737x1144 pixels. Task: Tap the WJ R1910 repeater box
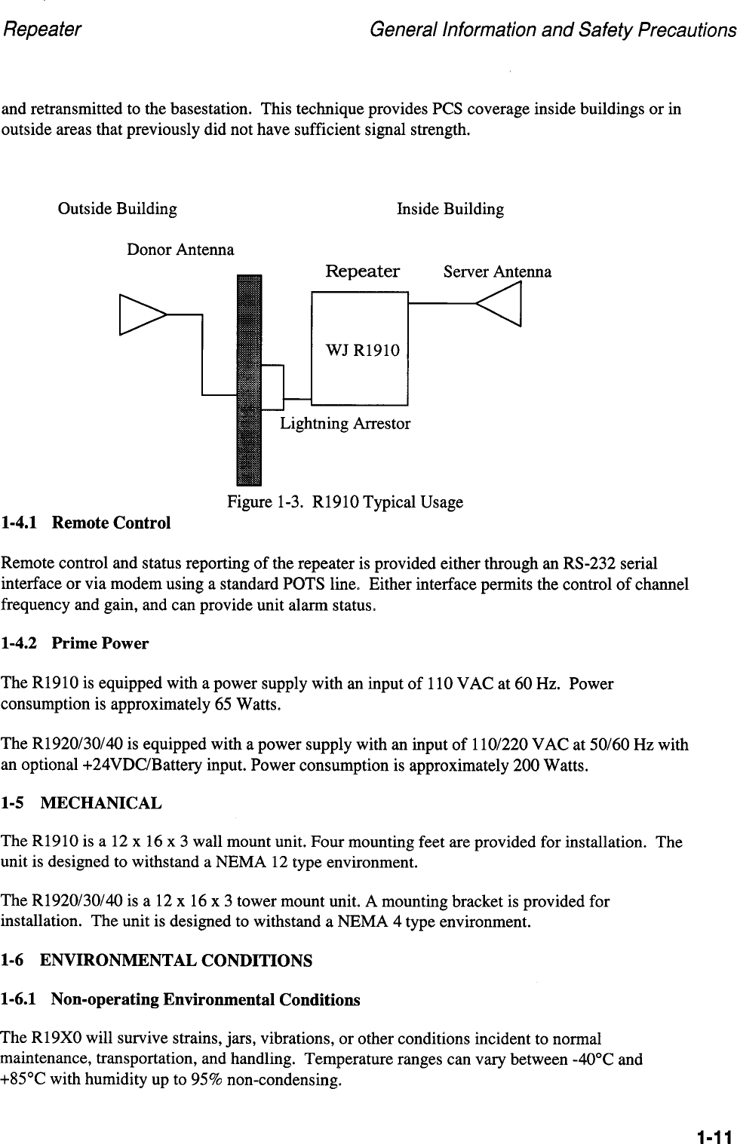tap(360, 348)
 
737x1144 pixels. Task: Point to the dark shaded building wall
tap(248, 381)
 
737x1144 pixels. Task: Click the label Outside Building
tap(118, 209)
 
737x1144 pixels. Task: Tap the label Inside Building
tap(450, 209)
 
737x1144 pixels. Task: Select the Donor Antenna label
tap(180, 250)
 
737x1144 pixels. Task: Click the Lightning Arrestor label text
tap(345, 424)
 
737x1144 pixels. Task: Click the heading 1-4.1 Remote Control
tap(87, 523)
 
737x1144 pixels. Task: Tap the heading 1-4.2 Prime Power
tap(75, 644)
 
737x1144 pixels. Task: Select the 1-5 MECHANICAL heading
tap(81, 803)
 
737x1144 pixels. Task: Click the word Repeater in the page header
tap(42, 30)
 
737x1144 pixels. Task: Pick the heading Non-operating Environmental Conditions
tap(205, 1000)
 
